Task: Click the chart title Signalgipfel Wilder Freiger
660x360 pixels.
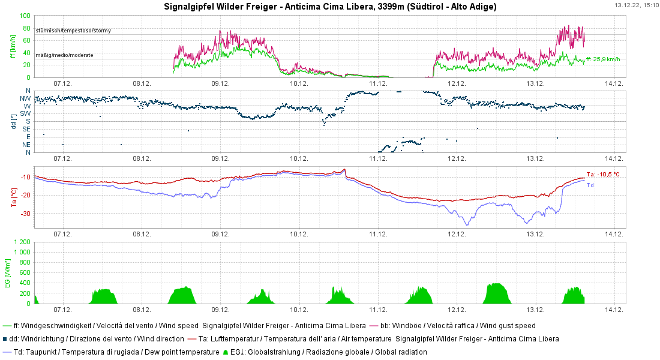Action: (330, 7)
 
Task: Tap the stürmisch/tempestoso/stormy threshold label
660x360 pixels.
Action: (73, 30)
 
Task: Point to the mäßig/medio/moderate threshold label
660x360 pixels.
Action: (64, 55)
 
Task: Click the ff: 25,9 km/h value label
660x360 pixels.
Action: (603, 59)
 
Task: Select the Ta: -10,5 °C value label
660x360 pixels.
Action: (602, 174)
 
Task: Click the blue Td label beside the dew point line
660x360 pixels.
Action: (590, 185)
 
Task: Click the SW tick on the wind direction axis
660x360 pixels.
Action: (26, 113)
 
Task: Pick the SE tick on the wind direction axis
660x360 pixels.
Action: (26, 129)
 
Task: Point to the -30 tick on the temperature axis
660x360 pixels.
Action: (26, 214)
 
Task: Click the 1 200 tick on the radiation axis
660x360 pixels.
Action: (22, 242)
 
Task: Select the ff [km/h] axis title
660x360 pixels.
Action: (13, 46)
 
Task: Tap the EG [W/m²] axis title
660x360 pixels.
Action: (8, 273)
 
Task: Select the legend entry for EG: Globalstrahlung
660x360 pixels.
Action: (328, 352)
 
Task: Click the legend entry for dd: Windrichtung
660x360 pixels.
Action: (96, 339)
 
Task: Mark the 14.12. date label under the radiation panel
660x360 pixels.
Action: (614, 310)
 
